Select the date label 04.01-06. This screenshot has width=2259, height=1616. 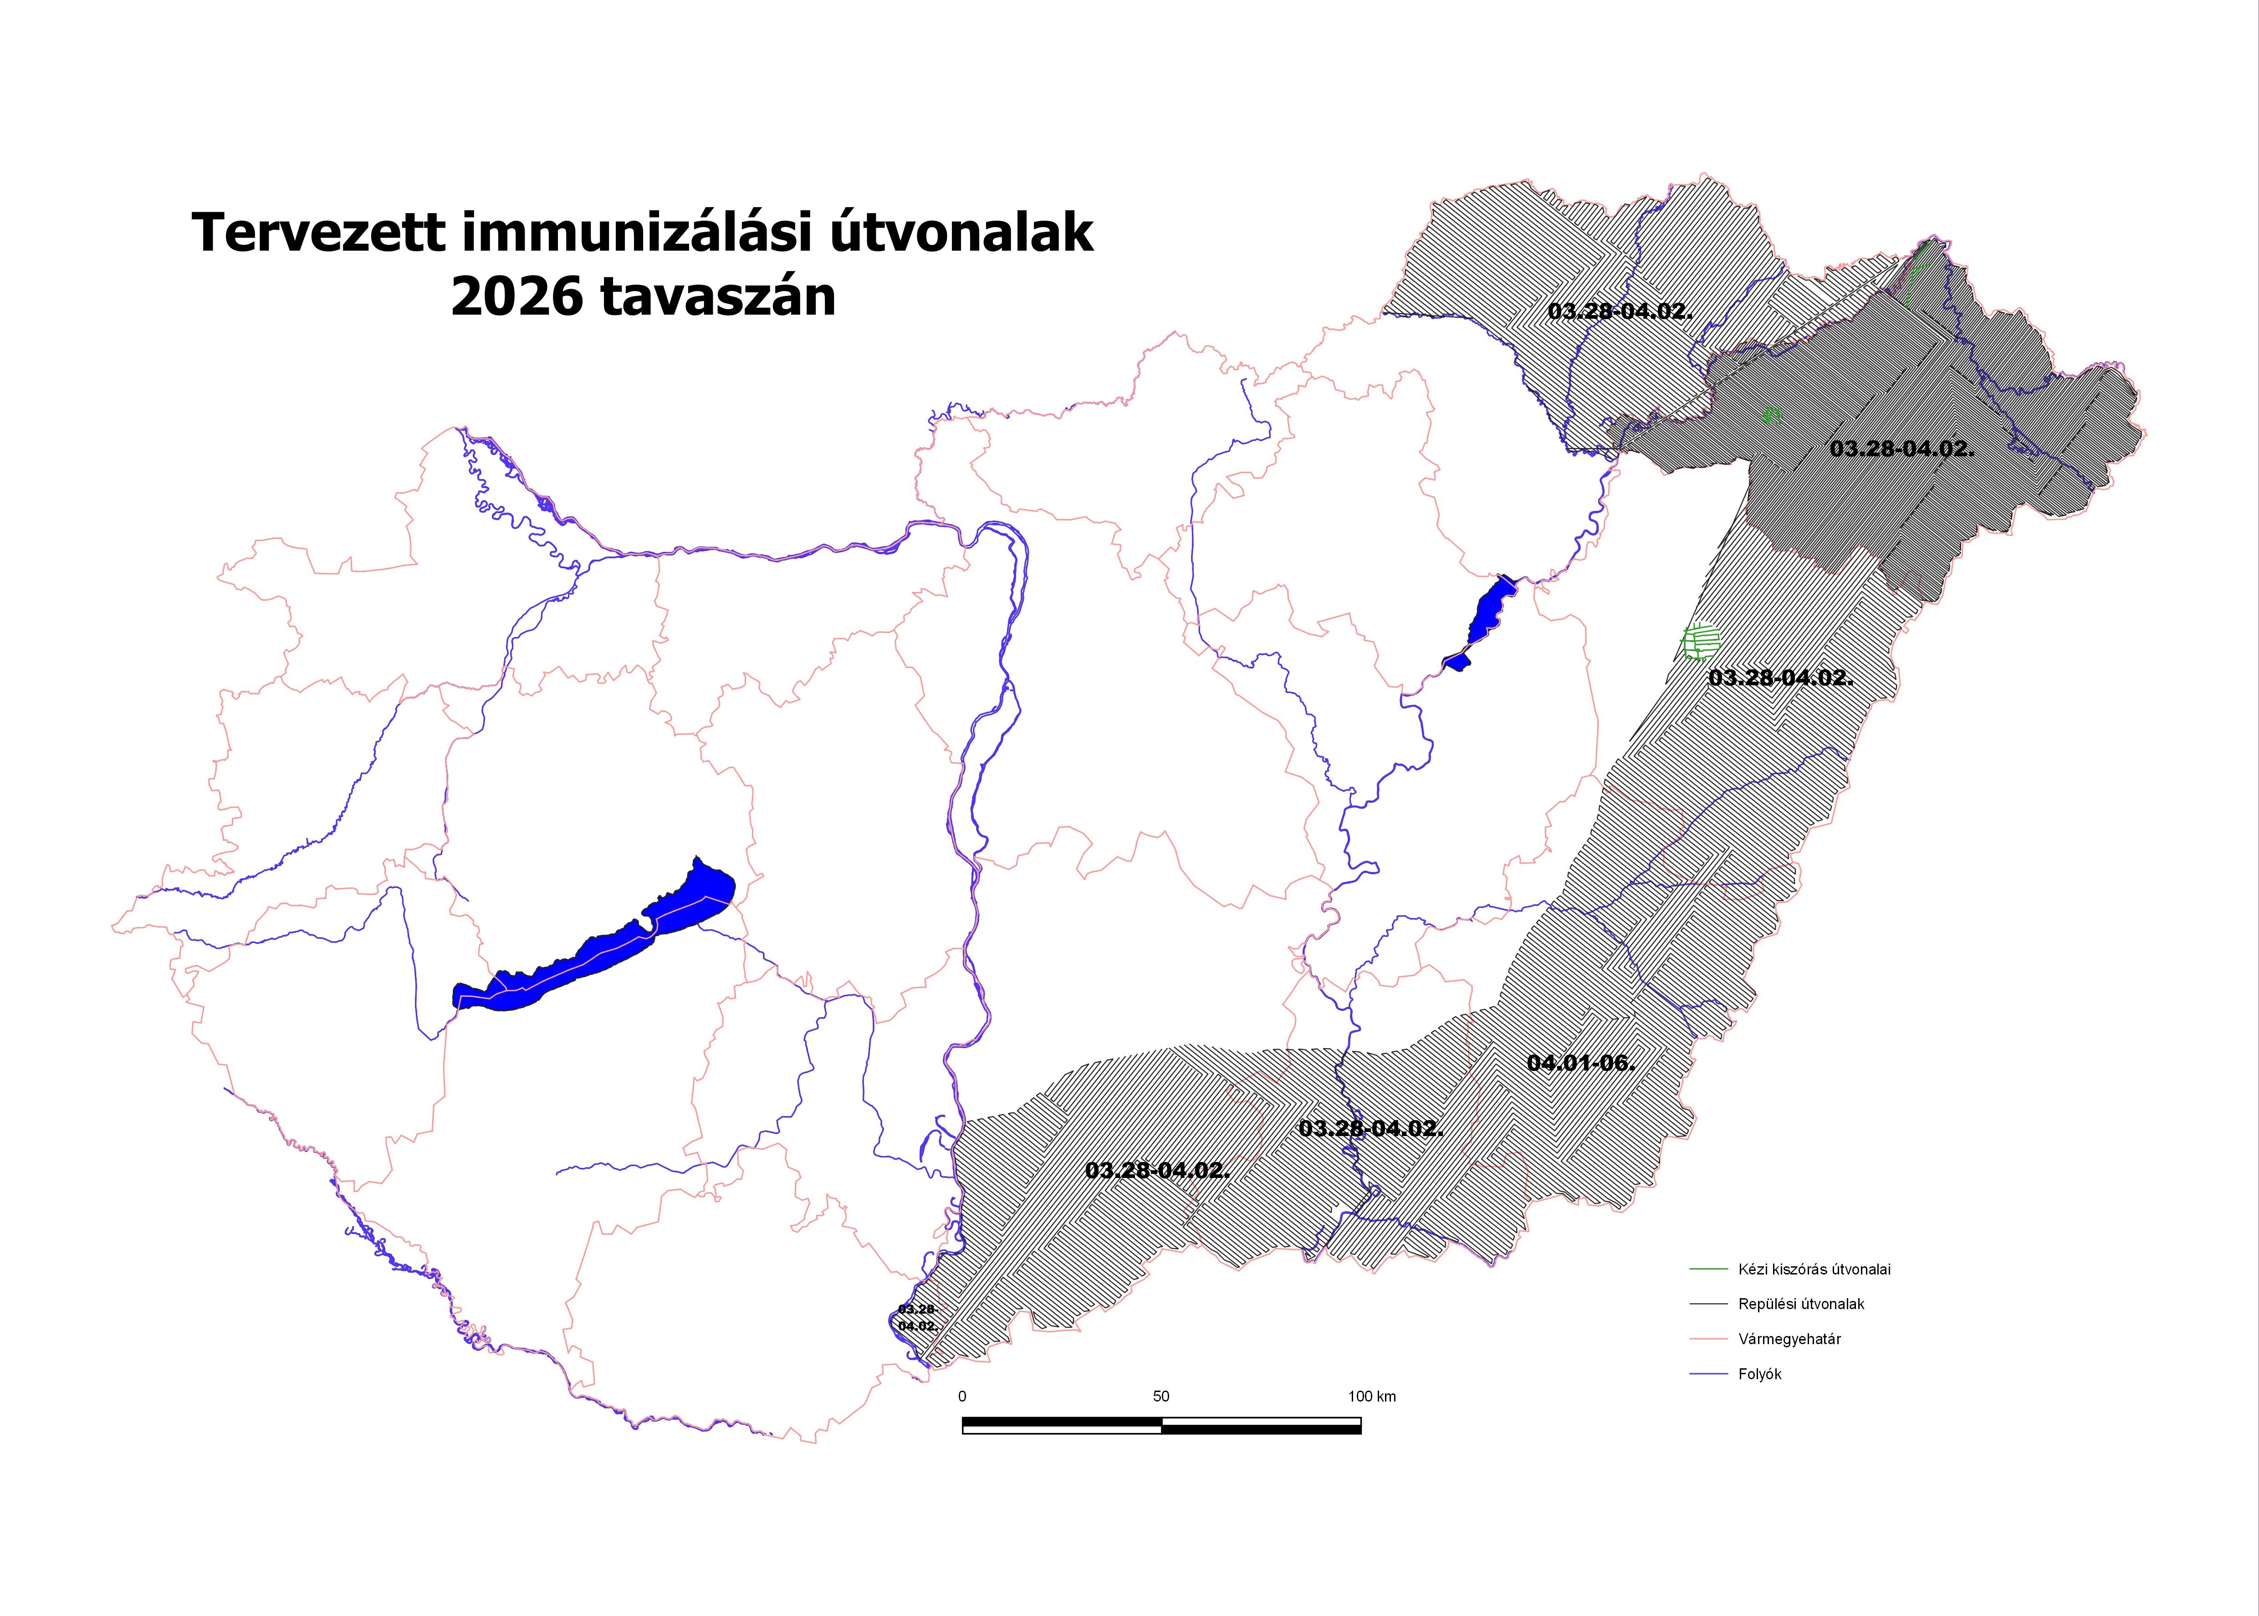pyautogui.click(x=1580, y=1063)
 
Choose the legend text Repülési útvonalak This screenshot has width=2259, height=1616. pyautogui.click(x=1801, y=1304)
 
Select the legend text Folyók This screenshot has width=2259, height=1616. pyautogui.click(x=1759, y=1374)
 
